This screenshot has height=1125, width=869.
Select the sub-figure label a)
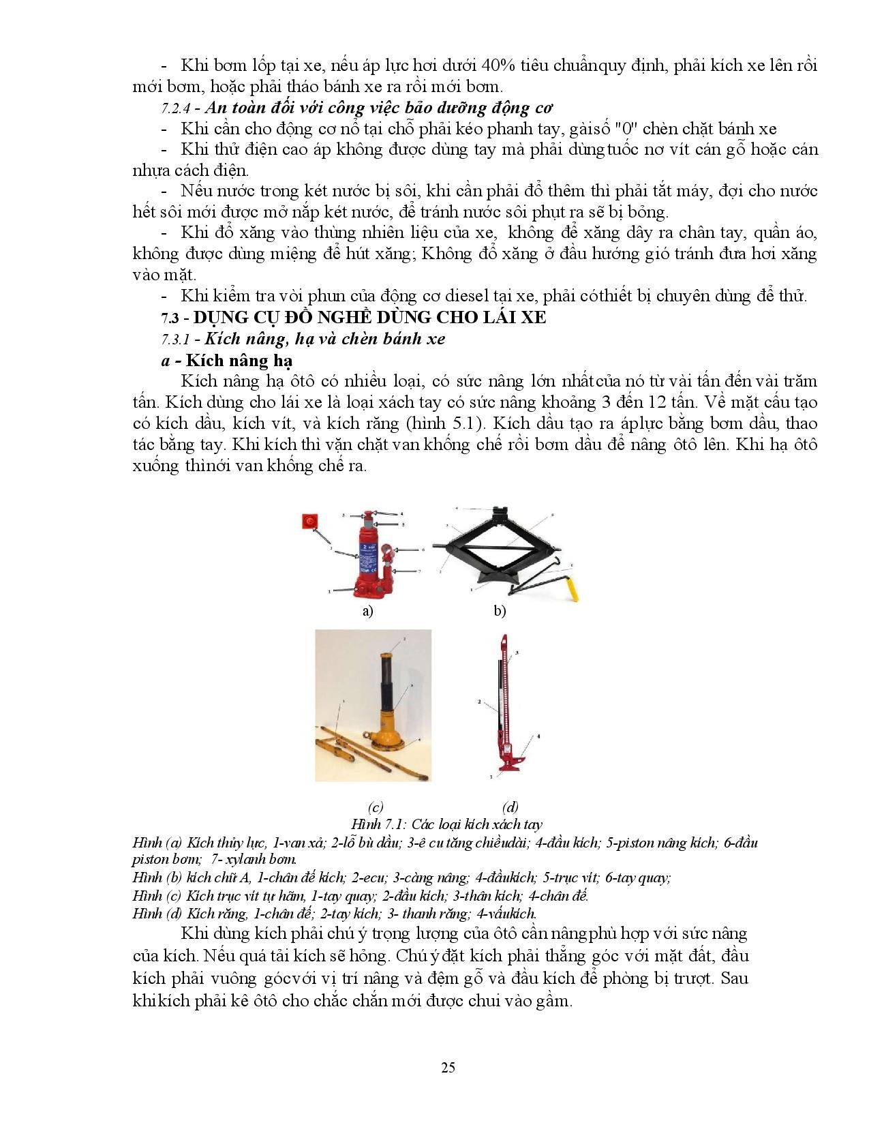coord(368,612)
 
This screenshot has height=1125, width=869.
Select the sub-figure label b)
coord(500,612)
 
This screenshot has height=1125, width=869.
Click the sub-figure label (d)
coord(510,807)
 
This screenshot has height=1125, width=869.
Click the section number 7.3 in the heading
coord(172,318)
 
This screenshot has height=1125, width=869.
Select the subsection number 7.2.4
coord(178,109)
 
